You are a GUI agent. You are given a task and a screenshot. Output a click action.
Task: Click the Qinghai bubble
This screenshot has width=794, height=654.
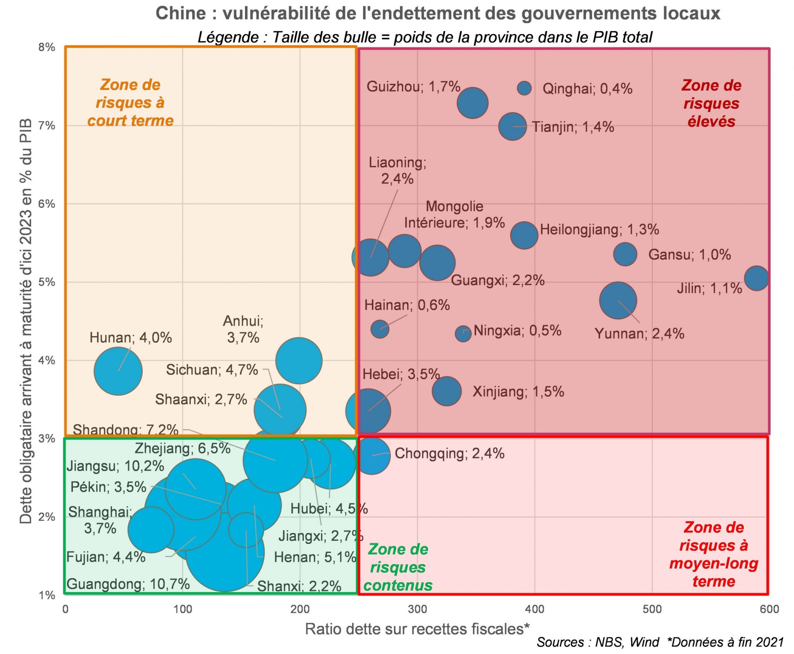coord(524,88)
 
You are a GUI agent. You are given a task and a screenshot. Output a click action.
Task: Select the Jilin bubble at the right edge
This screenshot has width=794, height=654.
coord(756,278)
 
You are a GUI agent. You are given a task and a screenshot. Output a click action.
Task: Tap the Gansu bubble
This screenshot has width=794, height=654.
coord(625,254)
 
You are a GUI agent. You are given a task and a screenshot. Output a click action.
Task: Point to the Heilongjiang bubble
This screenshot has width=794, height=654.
coord(524,235)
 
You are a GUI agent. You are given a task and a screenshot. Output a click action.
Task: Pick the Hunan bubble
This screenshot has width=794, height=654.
coord(118,371)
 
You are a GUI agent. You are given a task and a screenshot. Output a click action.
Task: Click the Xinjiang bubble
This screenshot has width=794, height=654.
coord(447,391)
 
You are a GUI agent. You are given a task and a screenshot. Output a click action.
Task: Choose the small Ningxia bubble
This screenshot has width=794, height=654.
coord(463,333)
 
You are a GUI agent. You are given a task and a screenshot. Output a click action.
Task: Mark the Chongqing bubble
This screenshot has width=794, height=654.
coord(371,456)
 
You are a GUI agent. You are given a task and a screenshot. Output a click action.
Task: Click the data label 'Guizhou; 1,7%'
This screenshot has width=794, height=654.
coord(413,86)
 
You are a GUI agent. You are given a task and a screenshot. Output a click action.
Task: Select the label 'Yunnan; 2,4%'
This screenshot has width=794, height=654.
coord(639,333)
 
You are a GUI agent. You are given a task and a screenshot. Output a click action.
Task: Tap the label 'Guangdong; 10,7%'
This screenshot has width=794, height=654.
coord(128,584)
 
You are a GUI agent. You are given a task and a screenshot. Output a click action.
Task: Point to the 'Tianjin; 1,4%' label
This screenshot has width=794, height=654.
coord(573,127)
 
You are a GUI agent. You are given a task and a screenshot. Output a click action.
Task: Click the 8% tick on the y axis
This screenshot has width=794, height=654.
coord(47,47)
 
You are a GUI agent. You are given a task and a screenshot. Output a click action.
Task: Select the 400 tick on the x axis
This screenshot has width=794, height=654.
coord(535,609)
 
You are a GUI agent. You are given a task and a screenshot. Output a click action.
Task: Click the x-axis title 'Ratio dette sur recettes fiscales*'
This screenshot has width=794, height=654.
coord(417,629)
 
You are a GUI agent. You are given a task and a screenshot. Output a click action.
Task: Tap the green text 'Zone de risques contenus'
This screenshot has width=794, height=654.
coord(398,567)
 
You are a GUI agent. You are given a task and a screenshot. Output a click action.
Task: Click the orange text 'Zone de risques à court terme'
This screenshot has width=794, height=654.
coord(130,103)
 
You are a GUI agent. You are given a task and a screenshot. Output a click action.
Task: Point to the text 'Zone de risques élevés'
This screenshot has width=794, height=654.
coord(711,104)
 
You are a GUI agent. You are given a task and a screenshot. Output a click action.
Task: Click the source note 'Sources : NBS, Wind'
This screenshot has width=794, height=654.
coord(597,642)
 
